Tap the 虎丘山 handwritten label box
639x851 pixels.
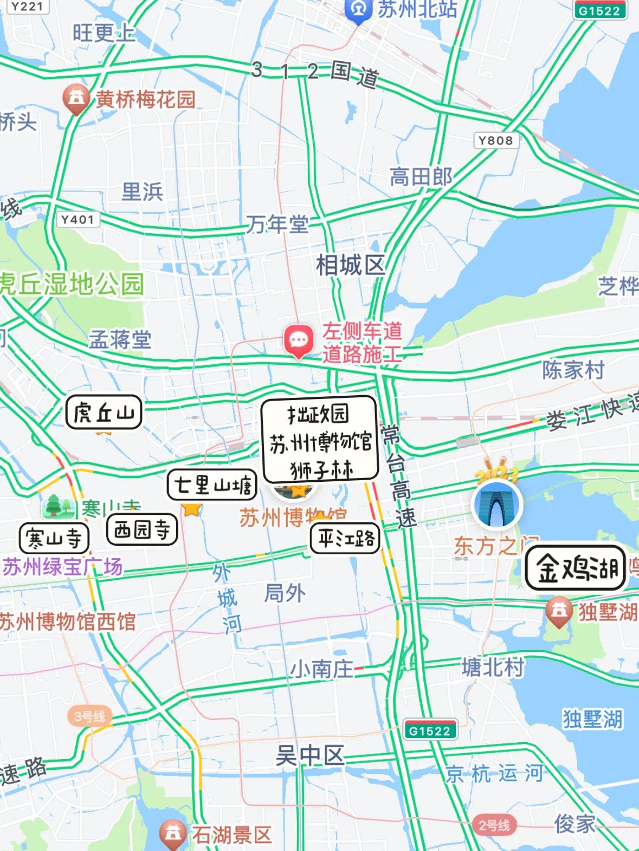104,413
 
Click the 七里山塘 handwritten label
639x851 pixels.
212,485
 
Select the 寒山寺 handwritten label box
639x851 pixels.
54,539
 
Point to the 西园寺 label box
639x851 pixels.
142,529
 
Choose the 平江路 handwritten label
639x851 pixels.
345,539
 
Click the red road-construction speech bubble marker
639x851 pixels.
298,341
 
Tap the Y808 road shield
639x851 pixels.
495,141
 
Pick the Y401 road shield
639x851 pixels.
78,219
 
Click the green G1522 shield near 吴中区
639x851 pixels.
430,731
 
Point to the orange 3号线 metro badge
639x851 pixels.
89,716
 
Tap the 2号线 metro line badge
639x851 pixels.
493,825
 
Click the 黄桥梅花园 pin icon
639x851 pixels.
76,99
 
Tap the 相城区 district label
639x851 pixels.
351,265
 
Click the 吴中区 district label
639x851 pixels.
309,755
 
